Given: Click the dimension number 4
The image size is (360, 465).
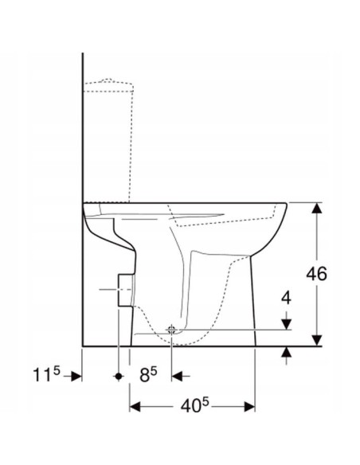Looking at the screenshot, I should pos(286,299).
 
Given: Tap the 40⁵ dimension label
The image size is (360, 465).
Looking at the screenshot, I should pos(193,407).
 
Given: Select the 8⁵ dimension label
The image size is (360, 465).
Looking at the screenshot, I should pos(146,373).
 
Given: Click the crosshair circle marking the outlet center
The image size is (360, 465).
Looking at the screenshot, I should pos(170,330).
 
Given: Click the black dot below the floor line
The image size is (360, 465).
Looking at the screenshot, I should pos(119,373).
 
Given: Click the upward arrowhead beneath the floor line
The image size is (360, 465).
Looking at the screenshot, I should pos(286,353).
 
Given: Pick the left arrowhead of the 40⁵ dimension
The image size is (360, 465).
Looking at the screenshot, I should pos(135,407).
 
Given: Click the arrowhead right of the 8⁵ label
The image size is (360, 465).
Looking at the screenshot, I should pos(175,373).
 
